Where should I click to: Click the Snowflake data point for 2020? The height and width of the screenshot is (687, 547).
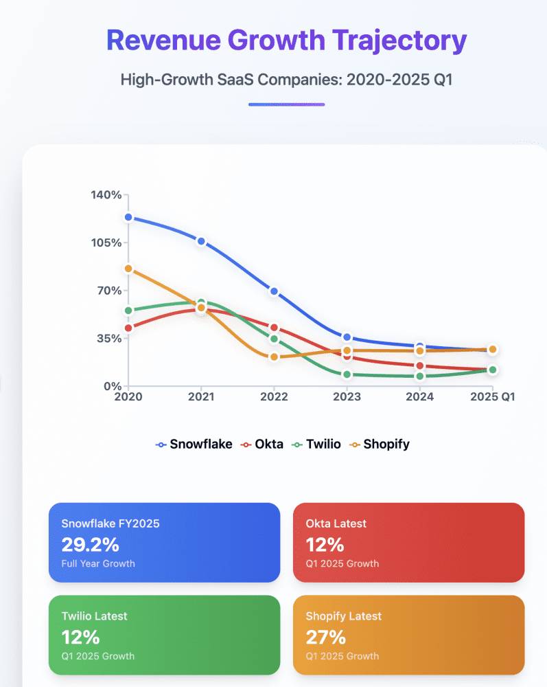click(128, 217)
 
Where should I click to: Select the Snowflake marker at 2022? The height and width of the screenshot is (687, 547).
click(274, 291)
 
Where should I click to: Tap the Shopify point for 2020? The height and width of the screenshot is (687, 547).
click(128, 269)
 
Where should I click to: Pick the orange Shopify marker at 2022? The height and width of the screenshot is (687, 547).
click(274, 357)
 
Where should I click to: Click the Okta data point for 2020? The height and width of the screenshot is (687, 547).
click(128, 328)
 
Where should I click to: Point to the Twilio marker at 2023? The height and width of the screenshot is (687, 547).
click(347, 374)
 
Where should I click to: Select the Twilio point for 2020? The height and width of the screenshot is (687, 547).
click(128, 311)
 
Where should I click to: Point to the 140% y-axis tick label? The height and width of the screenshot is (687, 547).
click(106, 195)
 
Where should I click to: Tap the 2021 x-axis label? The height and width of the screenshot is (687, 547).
click(201, 396)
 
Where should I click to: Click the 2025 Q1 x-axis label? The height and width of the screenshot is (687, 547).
click(492, 396)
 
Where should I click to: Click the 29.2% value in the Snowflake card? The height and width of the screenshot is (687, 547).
click(90, 545)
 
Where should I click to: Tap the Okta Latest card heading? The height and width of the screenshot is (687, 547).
click(336, 523)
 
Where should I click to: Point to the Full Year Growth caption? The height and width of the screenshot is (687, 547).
click(98, 563)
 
